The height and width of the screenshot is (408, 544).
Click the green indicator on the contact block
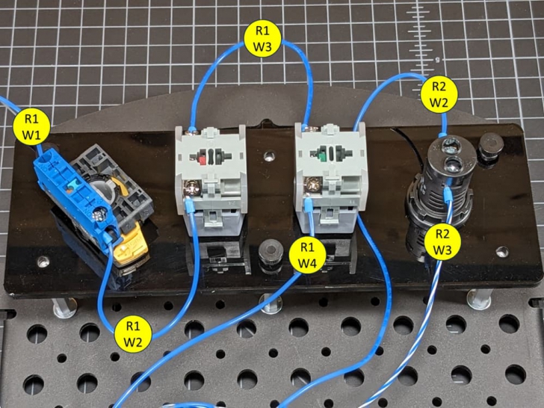[321, 156]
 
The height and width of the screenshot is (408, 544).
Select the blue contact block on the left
[71, 195]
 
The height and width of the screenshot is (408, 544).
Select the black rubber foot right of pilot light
[489, 146]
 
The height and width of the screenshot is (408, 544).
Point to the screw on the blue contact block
[99, 217]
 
